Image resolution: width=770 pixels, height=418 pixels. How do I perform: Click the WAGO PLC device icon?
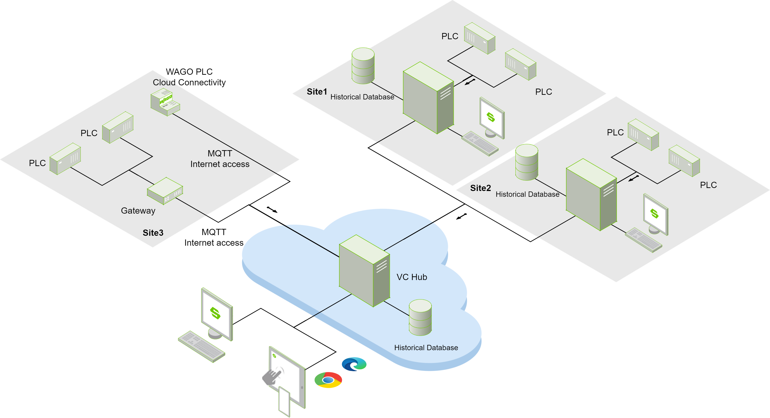[165, 103]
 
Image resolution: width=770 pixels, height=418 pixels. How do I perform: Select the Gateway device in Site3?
[165, 191]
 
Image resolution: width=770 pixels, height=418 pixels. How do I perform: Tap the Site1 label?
[317, 92]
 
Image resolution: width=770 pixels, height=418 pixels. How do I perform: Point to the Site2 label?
[480, 188]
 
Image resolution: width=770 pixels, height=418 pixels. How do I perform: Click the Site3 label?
[153, 233]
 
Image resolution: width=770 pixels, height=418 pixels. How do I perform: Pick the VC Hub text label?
[412, 277]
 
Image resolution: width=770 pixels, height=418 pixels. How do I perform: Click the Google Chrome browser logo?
[328, 380]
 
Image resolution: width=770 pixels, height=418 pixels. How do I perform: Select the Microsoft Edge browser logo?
[354, 364]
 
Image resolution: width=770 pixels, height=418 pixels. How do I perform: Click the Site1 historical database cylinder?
[363, 66]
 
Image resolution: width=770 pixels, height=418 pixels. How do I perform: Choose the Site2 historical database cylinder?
[527, 162]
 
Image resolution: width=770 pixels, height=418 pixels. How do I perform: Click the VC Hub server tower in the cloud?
[364, 271]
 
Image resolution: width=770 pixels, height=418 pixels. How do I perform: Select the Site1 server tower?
[428, 98]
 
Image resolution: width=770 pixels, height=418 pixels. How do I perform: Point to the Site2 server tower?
[591, 194]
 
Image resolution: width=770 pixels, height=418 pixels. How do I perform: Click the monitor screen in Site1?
[491, 117]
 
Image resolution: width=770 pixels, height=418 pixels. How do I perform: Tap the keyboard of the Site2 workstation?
[643, 240]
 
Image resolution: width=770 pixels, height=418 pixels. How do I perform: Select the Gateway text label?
[138, 211]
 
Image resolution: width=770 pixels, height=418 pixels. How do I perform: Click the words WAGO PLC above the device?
[189, 72]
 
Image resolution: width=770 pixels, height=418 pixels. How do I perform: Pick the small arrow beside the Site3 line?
[272, 209]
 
